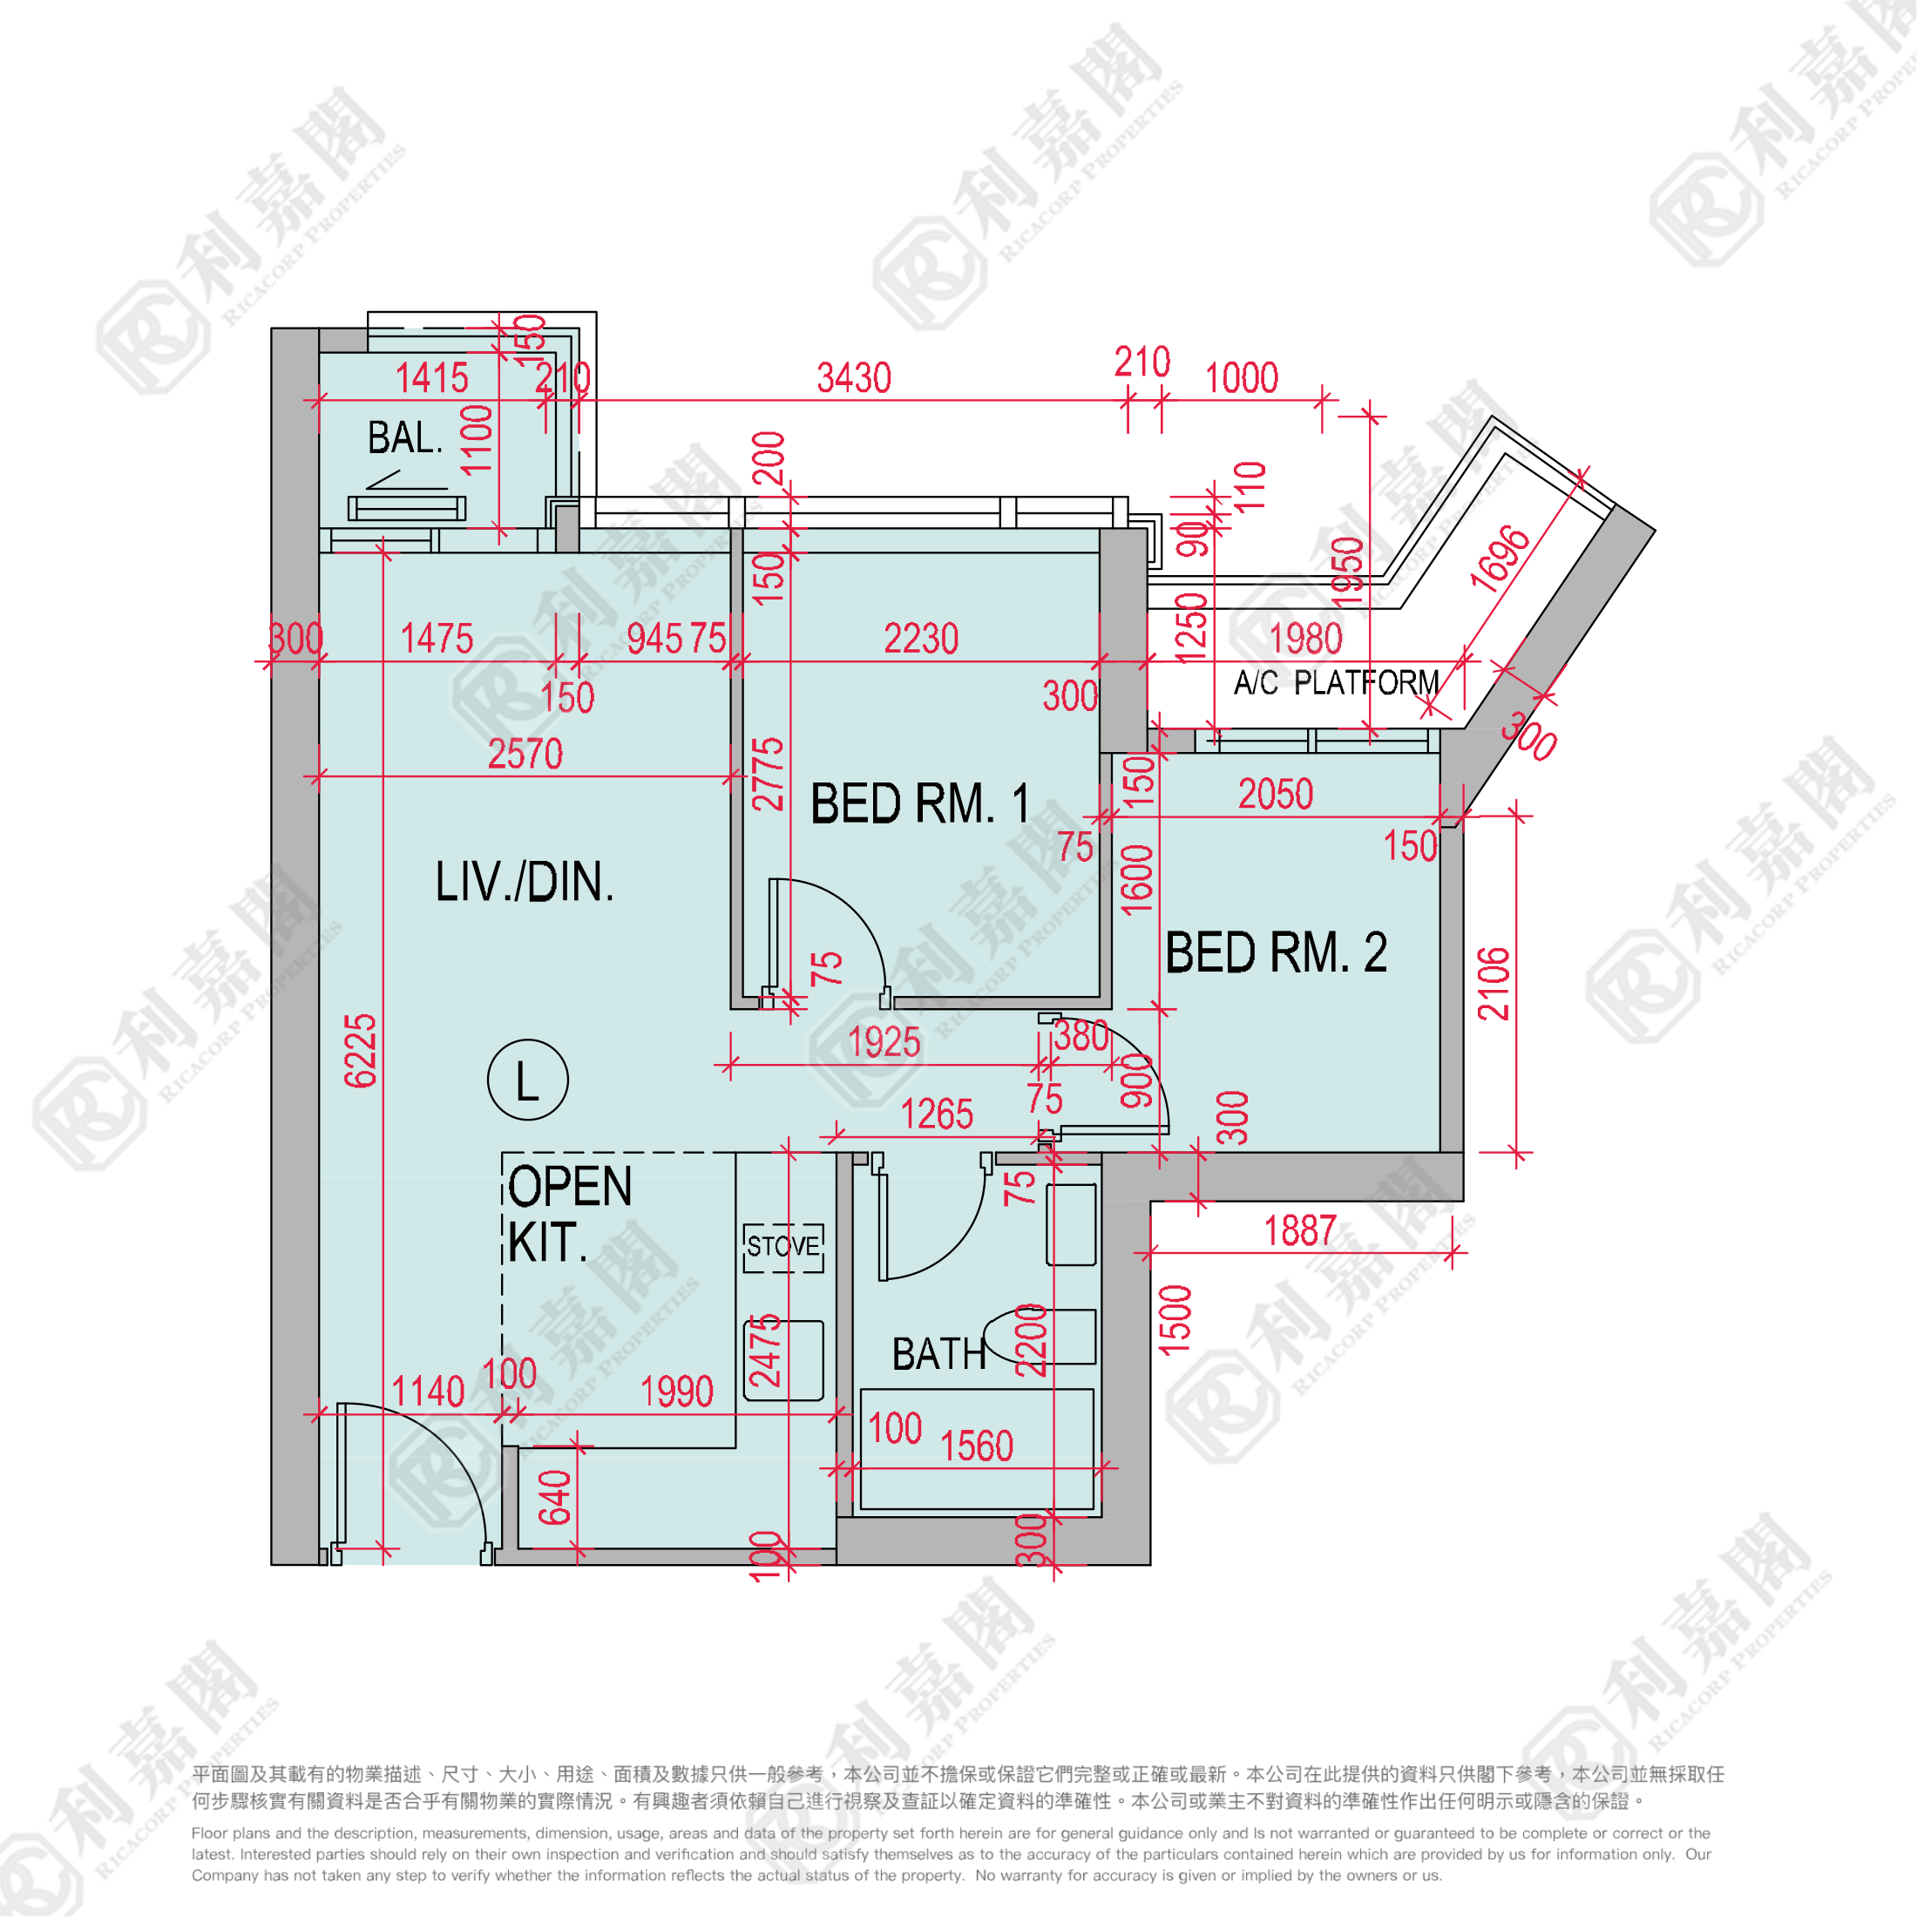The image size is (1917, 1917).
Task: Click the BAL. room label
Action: [405, 437]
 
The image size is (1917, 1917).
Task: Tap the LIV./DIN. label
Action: [525, 881]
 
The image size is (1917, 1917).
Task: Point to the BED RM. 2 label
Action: [1276, 952]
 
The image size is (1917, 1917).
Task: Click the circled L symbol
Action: [528, 1080]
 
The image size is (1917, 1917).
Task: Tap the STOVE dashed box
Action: [782, 1247]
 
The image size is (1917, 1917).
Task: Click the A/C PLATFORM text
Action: [1336, 682]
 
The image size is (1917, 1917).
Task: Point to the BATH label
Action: [938, 1354]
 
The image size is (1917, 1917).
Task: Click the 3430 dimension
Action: [853, 378]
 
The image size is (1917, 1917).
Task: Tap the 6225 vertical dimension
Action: [360, 1051]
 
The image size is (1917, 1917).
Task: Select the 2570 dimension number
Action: [525, 754]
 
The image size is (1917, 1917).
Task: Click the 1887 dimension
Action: [1300, 1231]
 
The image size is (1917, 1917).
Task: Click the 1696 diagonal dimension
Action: [1500, 559]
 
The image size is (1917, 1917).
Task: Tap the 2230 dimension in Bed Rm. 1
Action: [921, 639]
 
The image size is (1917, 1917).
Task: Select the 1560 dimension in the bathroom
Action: [976, 1446]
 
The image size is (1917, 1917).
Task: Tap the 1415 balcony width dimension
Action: [431, 378]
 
